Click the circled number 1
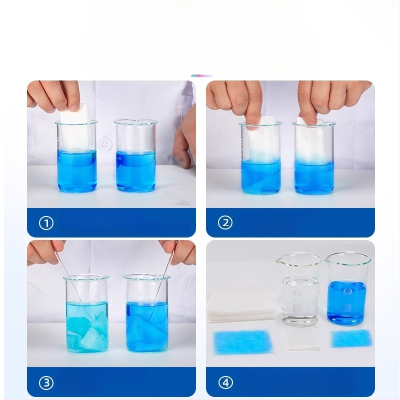click(46, 223)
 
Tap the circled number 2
click(225, 222)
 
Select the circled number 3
click(46, 382)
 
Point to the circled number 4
click(225, 382)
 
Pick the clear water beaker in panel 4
click(298, 289)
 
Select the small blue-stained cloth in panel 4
click(351, 338)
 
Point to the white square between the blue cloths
click(300, 340)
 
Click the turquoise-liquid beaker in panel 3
click(86, 314)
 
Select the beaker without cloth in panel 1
click(135, 155)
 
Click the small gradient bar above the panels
click(201, 75)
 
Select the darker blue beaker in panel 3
click(147, 314)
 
